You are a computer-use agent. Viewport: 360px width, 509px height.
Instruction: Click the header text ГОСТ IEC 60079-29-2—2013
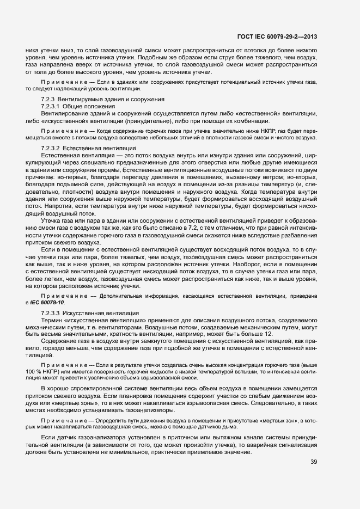pyautogui.click(x=277, y=38)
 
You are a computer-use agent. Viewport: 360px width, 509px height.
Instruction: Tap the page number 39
pyautogui.click(x=314, y=462)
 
